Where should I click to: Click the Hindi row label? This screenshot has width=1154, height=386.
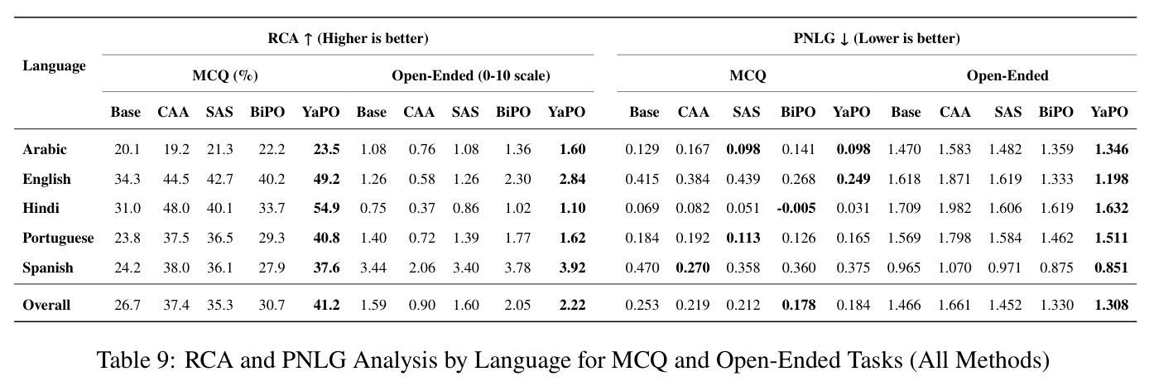click(x=41, y=208)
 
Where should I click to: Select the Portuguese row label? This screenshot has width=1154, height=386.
click(x=58, y=238)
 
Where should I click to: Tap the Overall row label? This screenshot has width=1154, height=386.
click(x=46, y=305)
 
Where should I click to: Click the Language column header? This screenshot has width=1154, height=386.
click(x=54, y=66)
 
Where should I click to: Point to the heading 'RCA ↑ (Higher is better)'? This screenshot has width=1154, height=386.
click(x=349, y=39)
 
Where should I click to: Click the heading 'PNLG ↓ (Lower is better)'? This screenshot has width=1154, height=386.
click(x=877, y=39)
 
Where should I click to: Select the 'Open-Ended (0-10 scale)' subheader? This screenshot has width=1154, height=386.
click(x=471, y=75)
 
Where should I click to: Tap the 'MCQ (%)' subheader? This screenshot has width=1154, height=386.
click(x=225, y=75)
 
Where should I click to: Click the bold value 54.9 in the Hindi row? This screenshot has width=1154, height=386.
click(x=327, y=208)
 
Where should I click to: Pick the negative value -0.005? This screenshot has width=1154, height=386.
click(x=796, y=208)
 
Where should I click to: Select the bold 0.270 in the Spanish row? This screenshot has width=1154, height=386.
click(x=693, y=268)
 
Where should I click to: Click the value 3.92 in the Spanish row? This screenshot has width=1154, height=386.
click(x=572, y=268)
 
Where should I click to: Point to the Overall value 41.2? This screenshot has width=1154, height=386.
click(x=327, y=305)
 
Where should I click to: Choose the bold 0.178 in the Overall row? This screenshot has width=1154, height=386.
click(x=799, y=305)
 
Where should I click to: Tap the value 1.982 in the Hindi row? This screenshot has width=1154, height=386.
click(x=954, y=208)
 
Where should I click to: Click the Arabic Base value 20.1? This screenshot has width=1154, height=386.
click(x=127, y=149)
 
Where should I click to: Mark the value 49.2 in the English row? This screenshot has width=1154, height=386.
click(x=327, y=180)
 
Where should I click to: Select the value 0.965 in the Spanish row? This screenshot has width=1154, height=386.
click(x=904, y=268)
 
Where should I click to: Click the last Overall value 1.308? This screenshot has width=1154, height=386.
click(x=1112, y=305)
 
